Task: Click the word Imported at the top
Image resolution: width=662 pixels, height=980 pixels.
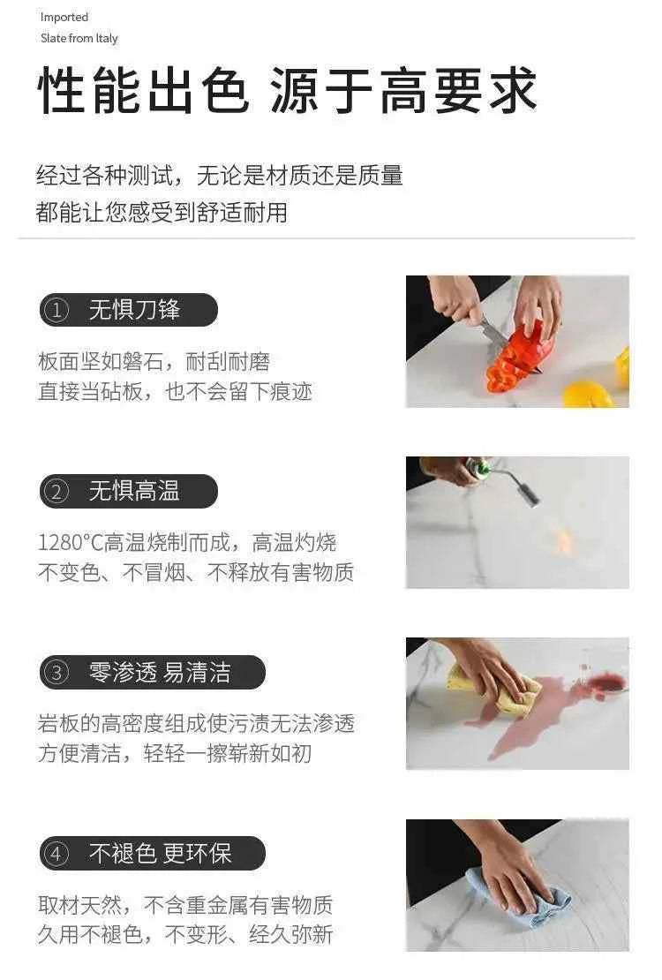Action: [x=64, y=17]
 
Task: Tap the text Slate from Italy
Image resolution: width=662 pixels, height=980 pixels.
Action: [x=79, y=38]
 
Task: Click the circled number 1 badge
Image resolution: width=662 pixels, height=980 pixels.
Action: [x=56, y=310]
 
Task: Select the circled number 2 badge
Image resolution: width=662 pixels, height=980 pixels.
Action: [x=56, y=491]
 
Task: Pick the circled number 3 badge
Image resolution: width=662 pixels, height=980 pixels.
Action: [x=56, y=673]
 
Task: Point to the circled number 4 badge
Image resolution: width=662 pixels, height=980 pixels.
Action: [x=56, y=854]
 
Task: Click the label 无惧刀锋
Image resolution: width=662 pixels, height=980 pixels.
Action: [x=134, y=309]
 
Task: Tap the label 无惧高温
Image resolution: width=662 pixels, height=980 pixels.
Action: [x=134, y=491]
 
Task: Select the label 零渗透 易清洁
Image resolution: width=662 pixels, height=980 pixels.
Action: [x=160, y=673]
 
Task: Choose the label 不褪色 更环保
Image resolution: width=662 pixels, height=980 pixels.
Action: [x=160, y=854]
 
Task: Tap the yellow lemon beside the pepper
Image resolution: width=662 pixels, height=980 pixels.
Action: [x=589, y=394]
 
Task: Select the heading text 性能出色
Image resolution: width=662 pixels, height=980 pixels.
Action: [x=144, y=91]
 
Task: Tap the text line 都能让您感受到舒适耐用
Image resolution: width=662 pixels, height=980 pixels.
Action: [x=162, y=213]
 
